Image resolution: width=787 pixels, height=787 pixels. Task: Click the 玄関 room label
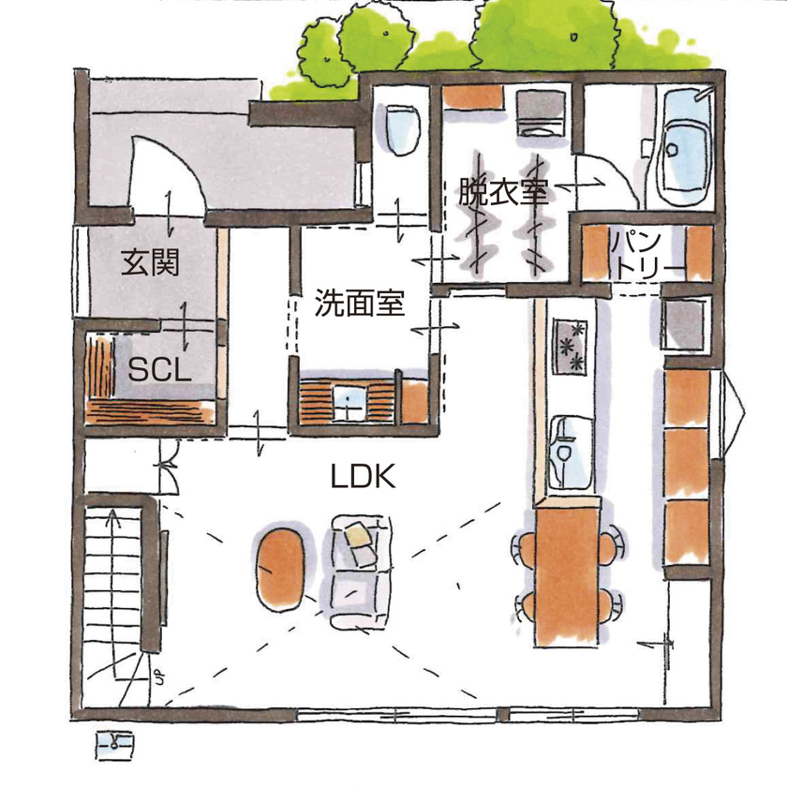tap(149, 263)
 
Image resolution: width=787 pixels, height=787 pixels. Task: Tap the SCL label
tap(159, 368)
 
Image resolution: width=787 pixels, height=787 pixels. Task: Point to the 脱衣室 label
tap(503, 192)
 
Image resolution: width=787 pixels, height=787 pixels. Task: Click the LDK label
tap(363, 477)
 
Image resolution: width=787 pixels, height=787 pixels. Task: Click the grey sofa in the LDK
tap(356, 567)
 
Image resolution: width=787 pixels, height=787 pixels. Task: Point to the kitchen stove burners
tap(570, 344)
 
